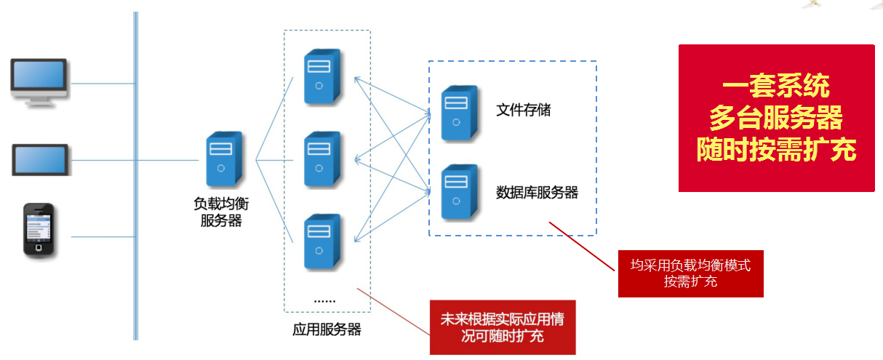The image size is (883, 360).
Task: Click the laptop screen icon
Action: point(41,159)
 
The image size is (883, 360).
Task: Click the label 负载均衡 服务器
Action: point(221,212)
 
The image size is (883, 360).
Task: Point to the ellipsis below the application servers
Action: point(324,300)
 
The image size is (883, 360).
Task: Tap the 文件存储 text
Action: point(523,110)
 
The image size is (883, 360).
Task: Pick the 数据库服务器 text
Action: point(537,192)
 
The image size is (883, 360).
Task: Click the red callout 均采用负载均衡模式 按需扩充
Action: point(690,273)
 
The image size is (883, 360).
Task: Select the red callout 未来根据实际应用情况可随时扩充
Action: point(502,327)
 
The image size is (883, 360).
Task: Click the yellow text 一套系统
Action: point(775,87)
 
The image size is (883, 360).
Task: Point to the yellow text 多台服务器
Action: point(775,118)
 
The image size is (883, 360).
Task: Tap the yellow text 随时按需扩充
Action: point(775,149)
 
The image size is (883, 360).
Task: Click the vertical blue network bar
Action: point(135,175)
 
